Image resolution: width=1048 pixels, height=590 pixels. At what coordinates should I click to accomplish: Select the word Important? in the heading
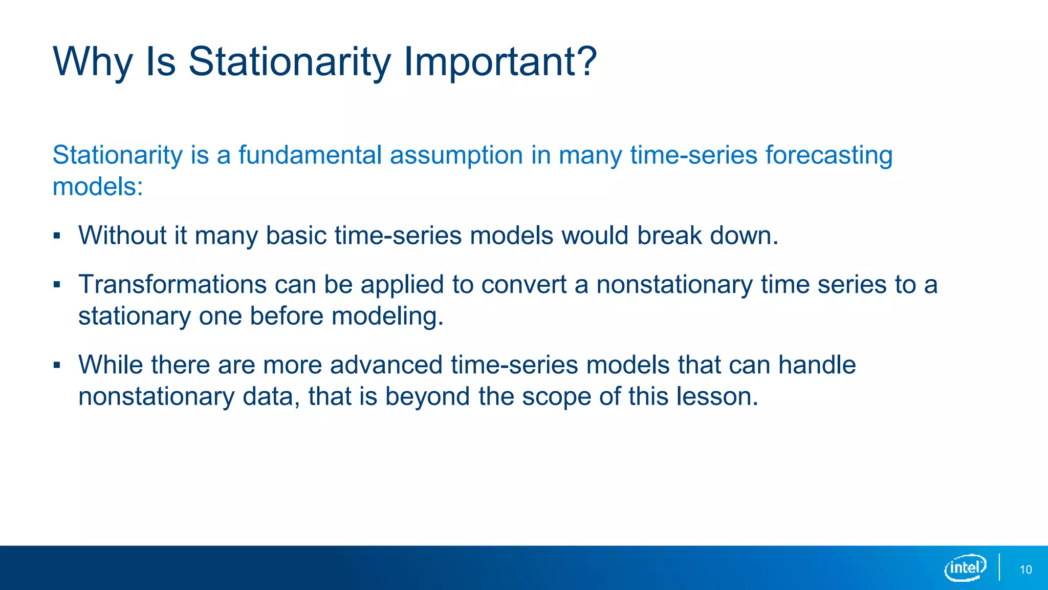pos(500,62)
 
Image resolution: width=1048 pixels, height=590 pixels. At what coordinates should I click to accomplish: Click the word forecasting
pos(829,156)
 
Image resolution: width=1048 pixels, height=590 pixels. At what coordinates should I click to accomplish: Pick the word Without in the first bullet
pos(122,236)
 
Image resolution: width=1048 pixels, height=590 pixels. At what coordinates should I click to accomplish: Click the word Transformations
pos(172,284)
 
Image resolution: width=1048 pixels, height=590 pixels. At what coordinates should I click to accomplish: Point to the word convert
pos(523,285)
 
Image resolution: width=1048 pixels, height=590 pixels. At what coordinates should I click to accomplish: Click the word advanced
pos(386,365)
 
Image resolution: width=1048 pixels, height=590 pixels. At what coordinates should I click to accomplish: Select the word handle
pos(817,365)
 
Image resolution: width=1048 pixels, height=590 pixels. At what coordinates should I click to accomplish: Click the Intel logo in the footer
pos(965,568)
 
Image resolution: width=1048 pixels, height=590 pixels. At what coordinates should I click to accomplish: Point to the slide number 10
pos(1025,570)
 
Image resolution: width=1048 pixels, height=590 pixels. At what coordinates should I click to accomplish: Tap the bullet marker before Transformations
pos(57,285)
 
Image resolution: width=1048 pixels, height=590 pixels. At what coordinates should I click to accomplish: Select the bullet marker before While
pos(57,365)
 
